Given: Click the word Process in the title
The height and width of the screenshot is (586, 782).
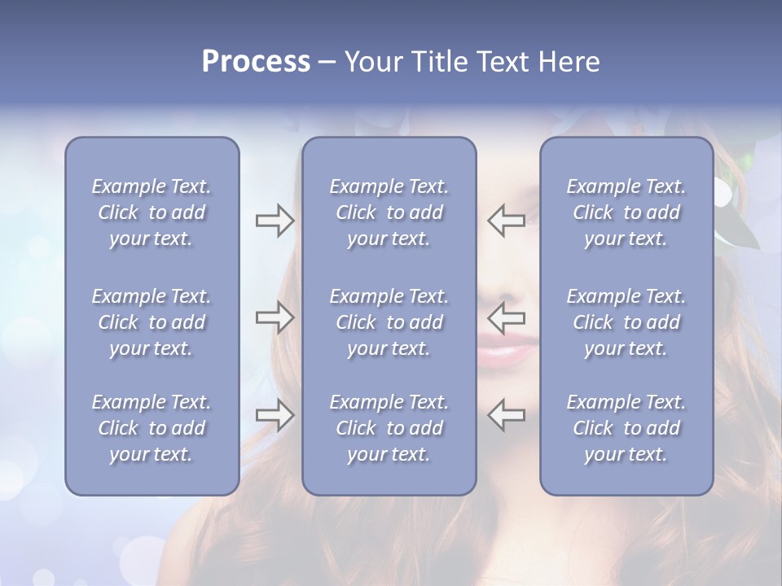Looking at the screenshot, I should (256, 62).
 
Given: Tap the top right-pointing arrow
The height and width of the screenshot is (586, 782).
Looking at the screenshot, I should (275, 221).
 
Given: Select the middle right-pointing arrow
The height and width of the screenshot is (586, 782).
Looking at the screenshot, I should (275, 317).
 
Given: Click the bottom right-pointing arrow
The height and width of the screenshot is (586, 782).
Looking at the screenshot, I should (275, 414).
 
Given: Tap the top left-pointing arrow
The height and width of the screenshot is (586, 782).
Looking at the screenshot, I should (506, 221).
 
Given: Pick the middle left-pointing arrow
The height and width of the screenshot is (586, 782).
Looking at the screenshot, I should (506, 317).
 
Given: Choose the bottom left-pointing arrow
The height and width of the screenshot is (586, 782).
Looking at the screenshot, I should (506, 414).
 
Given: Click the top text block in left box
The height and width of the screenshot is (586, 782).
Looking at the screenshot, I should (152, 212).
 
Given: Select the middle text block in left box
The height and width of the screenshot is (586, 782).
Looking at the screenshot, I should (152, 322).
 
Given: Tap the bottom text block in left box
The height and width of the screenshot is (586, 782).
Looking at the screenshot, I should (152, 428).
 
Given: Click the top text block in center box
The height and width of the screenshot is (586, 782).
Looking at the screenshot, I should (389, 212).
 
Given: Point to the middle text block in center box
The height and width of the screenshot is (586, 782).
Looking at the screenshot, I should (389, 322).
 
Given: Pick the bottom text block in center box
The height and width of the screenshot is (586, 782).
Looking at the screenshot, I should (389, 428).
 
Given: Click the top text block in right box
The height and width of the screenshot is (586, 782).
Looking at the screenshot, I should (626, 212).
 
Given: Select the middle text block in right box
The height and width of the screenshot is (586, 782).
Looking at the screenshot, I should (626, 322).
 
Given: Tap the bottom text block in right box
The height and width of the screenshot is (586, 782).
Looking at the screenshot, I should (626, 428).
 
